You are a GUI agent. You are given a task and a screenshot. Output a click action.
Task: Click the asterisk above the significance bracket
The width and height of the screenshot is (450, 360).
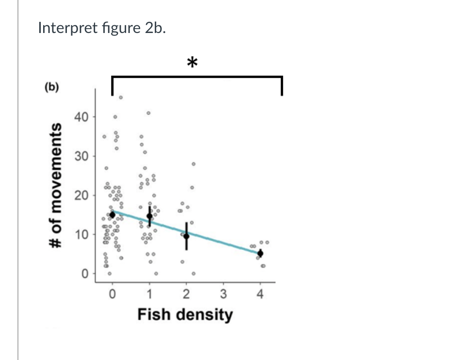(x=193, y=63)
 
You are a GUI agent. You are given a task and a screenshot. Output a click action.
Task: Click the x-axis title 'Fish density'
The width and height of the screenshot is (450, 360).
(x=185, y=314)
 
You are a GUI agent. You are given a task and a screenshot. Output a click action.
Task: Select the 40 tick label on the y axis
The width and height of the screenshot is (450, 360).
(x=81, y=117)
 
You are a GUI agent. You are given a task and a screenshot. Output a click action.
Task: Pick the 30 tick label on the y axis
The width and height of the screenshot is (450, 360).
(x=81, y=157)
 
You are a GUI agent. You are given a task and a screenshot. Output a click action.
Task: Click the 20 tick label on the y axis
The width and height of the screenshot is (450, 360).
(x=81, y=196)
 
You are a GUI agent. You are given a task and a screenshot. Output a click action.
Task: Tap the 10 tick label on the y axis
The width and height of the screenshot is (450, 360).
(x=81, y=235)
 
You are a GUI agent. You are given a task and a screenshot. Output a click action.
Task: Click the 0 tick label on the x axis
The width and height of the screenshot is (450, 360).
(x=112, y=294)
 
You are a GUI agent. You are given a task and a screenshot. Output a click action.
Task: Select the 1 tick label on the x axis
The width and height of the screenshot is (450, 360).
(x=149, y=294)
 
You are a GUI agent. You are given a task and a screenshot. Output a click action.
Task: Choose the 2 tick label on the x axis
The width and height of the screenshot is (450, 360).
(x=186, y=294)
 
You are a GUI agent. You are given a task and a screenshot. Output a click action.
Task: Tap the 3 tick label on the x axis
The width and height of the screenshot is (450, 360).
(x=223, y=294)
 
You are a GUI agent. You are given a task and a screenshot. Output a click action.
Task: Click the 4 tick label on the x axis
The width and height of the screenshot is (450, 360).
(x=260, y=294)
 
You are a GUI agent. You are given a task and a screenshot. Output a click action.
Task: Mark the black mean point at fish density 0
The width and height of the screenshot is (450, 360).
(x=112, y=214)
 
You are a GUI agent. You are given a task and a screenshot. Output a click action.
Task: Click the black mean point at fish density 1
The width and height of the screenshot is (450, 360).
(x=149, y=216)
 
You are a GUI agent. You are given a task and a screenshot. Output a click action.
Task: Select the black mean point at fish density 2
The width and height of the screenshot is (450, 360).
(x=186, y=236)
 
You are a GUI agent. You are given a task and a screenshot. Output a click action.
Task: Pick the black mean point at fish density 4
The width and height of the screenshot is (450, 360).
(x=260, y=253)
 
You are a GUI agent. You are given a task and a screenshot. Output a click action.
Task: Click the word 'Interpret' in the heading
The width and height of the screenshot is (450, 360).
(x=63, y=28)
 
